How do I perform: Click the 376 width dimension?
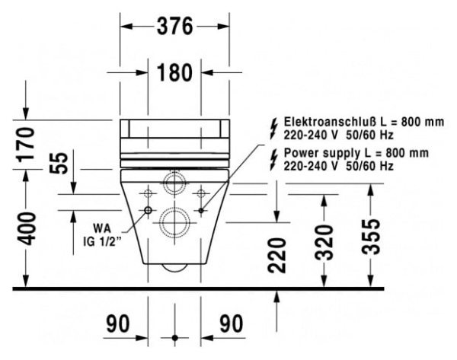(175, 26)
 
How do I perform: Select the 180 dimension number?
(175, 72)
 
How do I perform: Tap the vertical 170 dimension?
(25, 145)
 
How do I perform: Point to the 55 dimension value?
(59, 164)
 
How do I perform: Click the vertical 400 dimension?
(25, 229)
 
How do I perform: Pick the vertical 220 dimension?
(277, 256)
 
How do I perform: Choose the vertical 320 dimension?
(324, 242)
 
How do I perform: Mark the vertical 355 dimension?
(371, 237)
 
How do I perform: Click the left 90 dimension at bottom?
(118, 323)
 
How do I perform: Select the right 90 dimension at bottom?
(231, 323)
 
